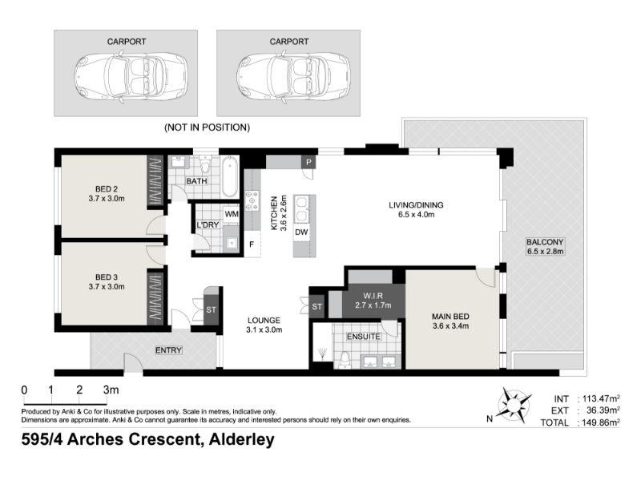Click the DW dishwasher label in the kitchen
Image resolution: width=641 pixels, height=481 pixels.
click(301, 232)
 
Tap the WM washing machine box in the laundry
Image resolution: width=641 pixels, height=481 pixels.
click(232, 214)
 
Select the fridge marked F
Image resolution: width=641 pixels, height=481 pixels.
click(252, 245)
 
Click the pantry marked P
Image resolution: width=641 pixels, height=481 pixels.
click(308, 163)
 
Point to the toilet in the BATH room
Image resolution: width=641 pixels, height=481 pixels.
click(205, 164)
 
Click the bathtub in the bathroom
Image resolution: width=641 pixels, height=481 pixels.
click(229, 176)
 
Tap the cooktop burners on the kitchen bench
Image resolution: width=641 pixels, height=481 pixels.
click(252, 200)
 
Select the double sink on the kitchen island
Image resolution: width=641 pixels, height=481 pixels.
click(303, 209)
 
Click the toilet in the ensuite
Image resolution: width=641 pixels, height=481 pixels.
click(345, 360)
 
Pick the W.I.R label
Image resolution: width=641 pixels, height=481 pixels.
click(373, 296)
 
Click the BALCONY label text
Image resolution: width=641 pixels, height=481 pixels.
click(545, 242)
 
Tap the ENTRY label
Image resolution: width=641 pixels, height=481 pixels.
click(168, 350)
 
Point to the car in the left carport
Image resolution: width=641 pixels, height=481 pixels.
click(131, 76)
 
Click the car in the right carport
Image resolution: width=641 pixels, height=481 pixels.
click(293, 76)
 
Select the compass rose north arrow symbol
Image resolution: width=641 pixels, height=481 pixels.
click(514, 406)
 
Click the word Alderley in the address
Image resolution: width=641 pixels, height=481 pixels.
click(242, 440)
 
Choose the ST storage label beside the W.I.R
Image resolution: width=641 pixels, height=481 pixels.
click(316, 306)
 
